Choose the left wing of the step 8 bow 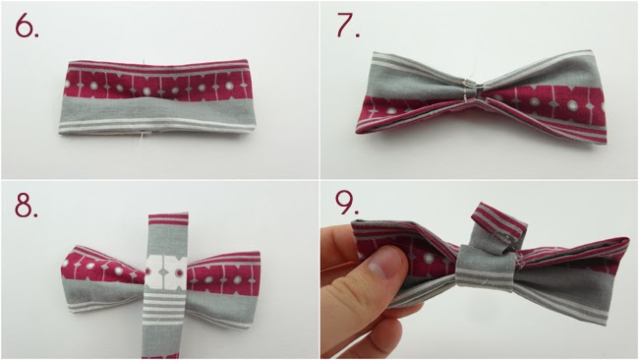pos(103,276)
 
